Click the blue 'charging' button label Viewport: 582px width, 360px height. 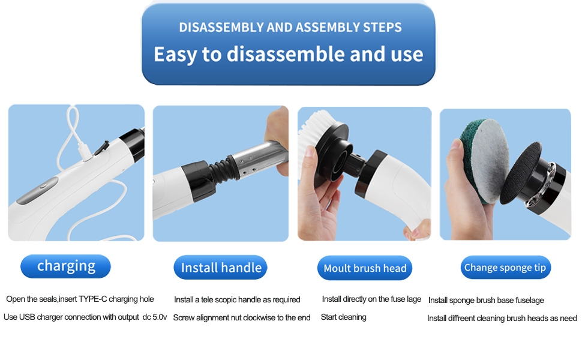pos(65,266)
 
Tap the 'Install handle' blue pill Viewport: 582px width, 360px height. pos(220,267)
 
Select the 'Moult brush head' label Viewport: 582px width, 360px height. pos(365,268)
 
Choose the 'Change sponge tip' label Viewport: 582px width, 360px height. pos(506,267)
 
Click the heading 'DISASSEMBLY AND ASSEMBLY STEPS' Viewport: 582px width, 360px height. pos(290,27)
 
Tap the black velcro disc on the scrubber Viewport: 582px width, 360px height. pos(520,173)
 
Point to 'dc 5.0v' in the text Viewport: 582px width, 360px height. pos(155,317)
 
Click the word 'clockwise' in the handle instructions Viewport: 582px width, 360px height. pos(259,317)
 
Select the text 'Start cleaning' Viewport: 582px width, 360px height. pos(343,317)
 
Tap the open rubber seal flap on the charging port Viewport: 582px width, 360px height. pos(101,148)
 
